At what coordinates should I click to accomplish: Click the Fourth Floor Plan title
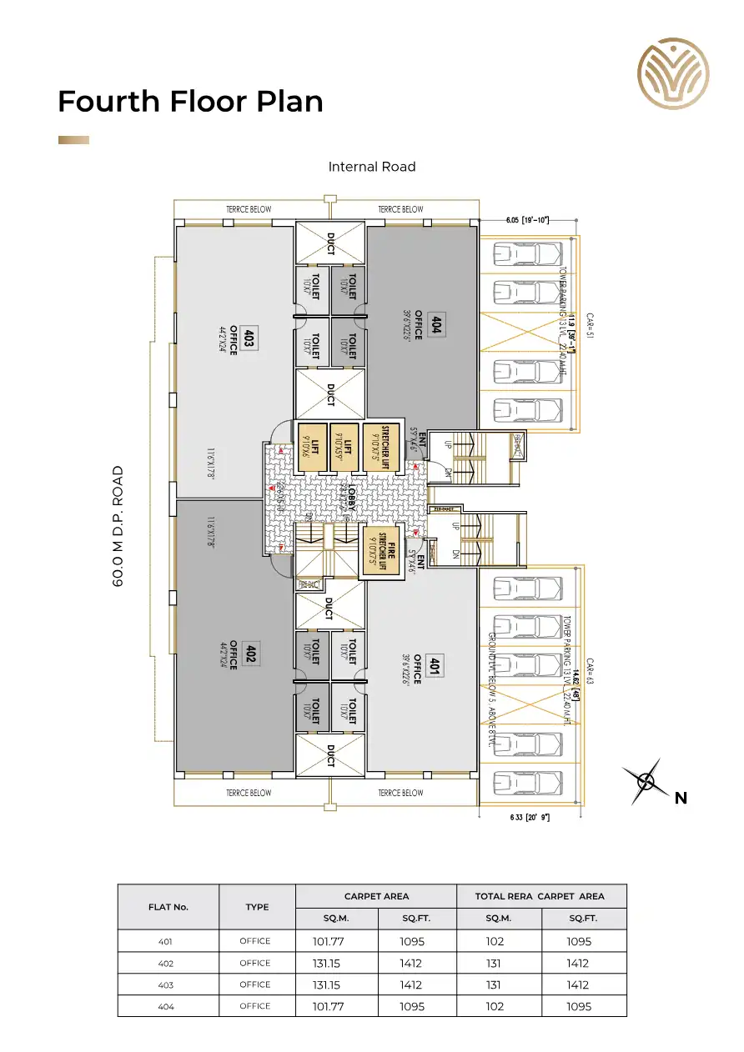click(x=190, y=101)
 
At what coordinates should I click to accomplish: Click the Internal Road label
click(x=372, y=167)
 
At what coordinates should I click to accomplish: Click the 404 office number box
click(x=435, y=324)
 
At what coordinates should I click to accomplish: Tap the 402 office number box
click(x=249, y=655)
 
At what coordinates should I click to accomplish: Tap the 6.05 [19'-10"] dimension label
click(x=527, y=220)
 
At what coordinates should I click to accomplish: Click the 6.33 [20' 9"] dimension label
click(x=530, y=817)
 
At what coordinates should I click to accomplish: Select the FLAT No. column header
click(x=168, y=907)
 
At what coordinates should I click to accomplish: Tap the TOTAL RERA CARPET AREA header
click(x=540, y=896)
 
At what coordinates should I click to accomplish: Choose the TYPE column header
click(x=257, y=907)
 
